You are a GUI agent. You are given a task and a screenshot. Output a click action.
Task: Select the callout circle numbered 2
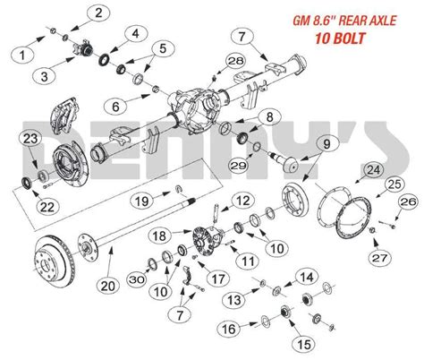pos(100,12)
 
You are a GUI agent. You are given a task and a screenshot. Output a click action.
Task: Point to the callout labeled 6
pos(133,34)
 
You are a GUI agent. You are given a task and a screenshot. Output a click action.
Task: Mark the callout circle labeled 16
pos(231,330)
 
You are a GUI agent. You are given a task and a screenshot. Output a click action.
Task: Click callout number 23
pos(29,138)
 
